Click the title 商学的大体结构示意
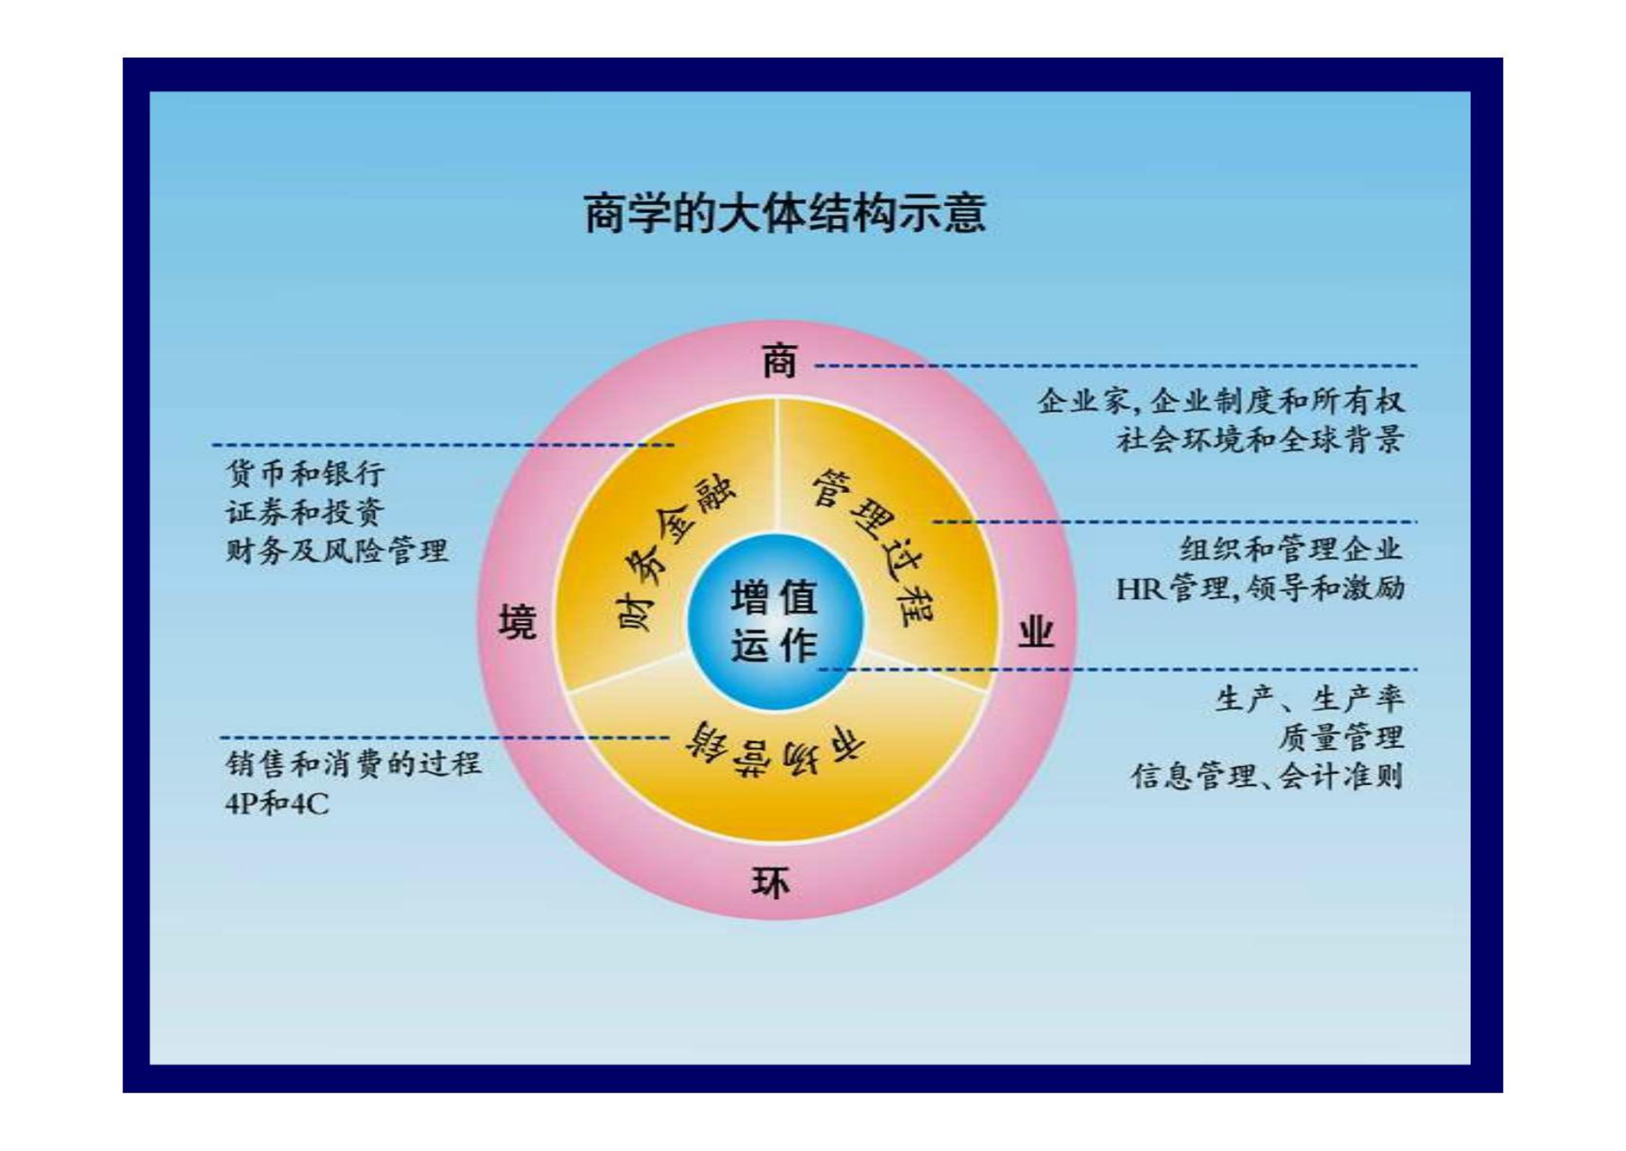[785, 213]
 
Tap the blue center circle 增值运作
[775, 622]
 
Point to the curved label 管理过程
[874, 548]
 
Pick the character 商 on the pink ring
[780, 360]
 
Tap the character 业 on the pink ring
[1036, 633]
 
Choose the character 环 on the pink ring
[771, 882]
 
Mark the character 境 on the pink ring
[518, 622]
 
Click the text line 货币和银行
[305, 474]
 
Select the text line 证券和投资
[305, 512]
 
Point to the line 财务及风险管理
[337, 551]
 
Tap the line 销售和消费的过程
[353, 764]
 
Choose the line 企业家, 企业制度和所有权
[1221, 401]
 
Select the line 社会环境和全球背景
[1260, 439]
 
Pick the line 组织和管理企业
[1292, 550]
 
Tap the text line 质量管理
[1341, 738]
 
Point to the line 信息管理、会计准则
[1267, 777]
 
